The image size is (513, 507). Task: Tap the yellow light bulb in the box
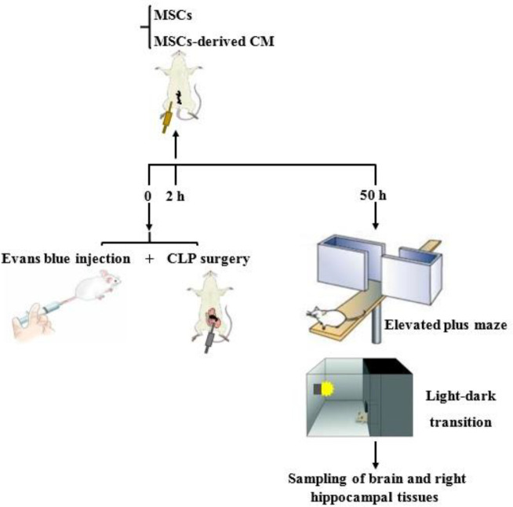(x=325, y=388)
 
